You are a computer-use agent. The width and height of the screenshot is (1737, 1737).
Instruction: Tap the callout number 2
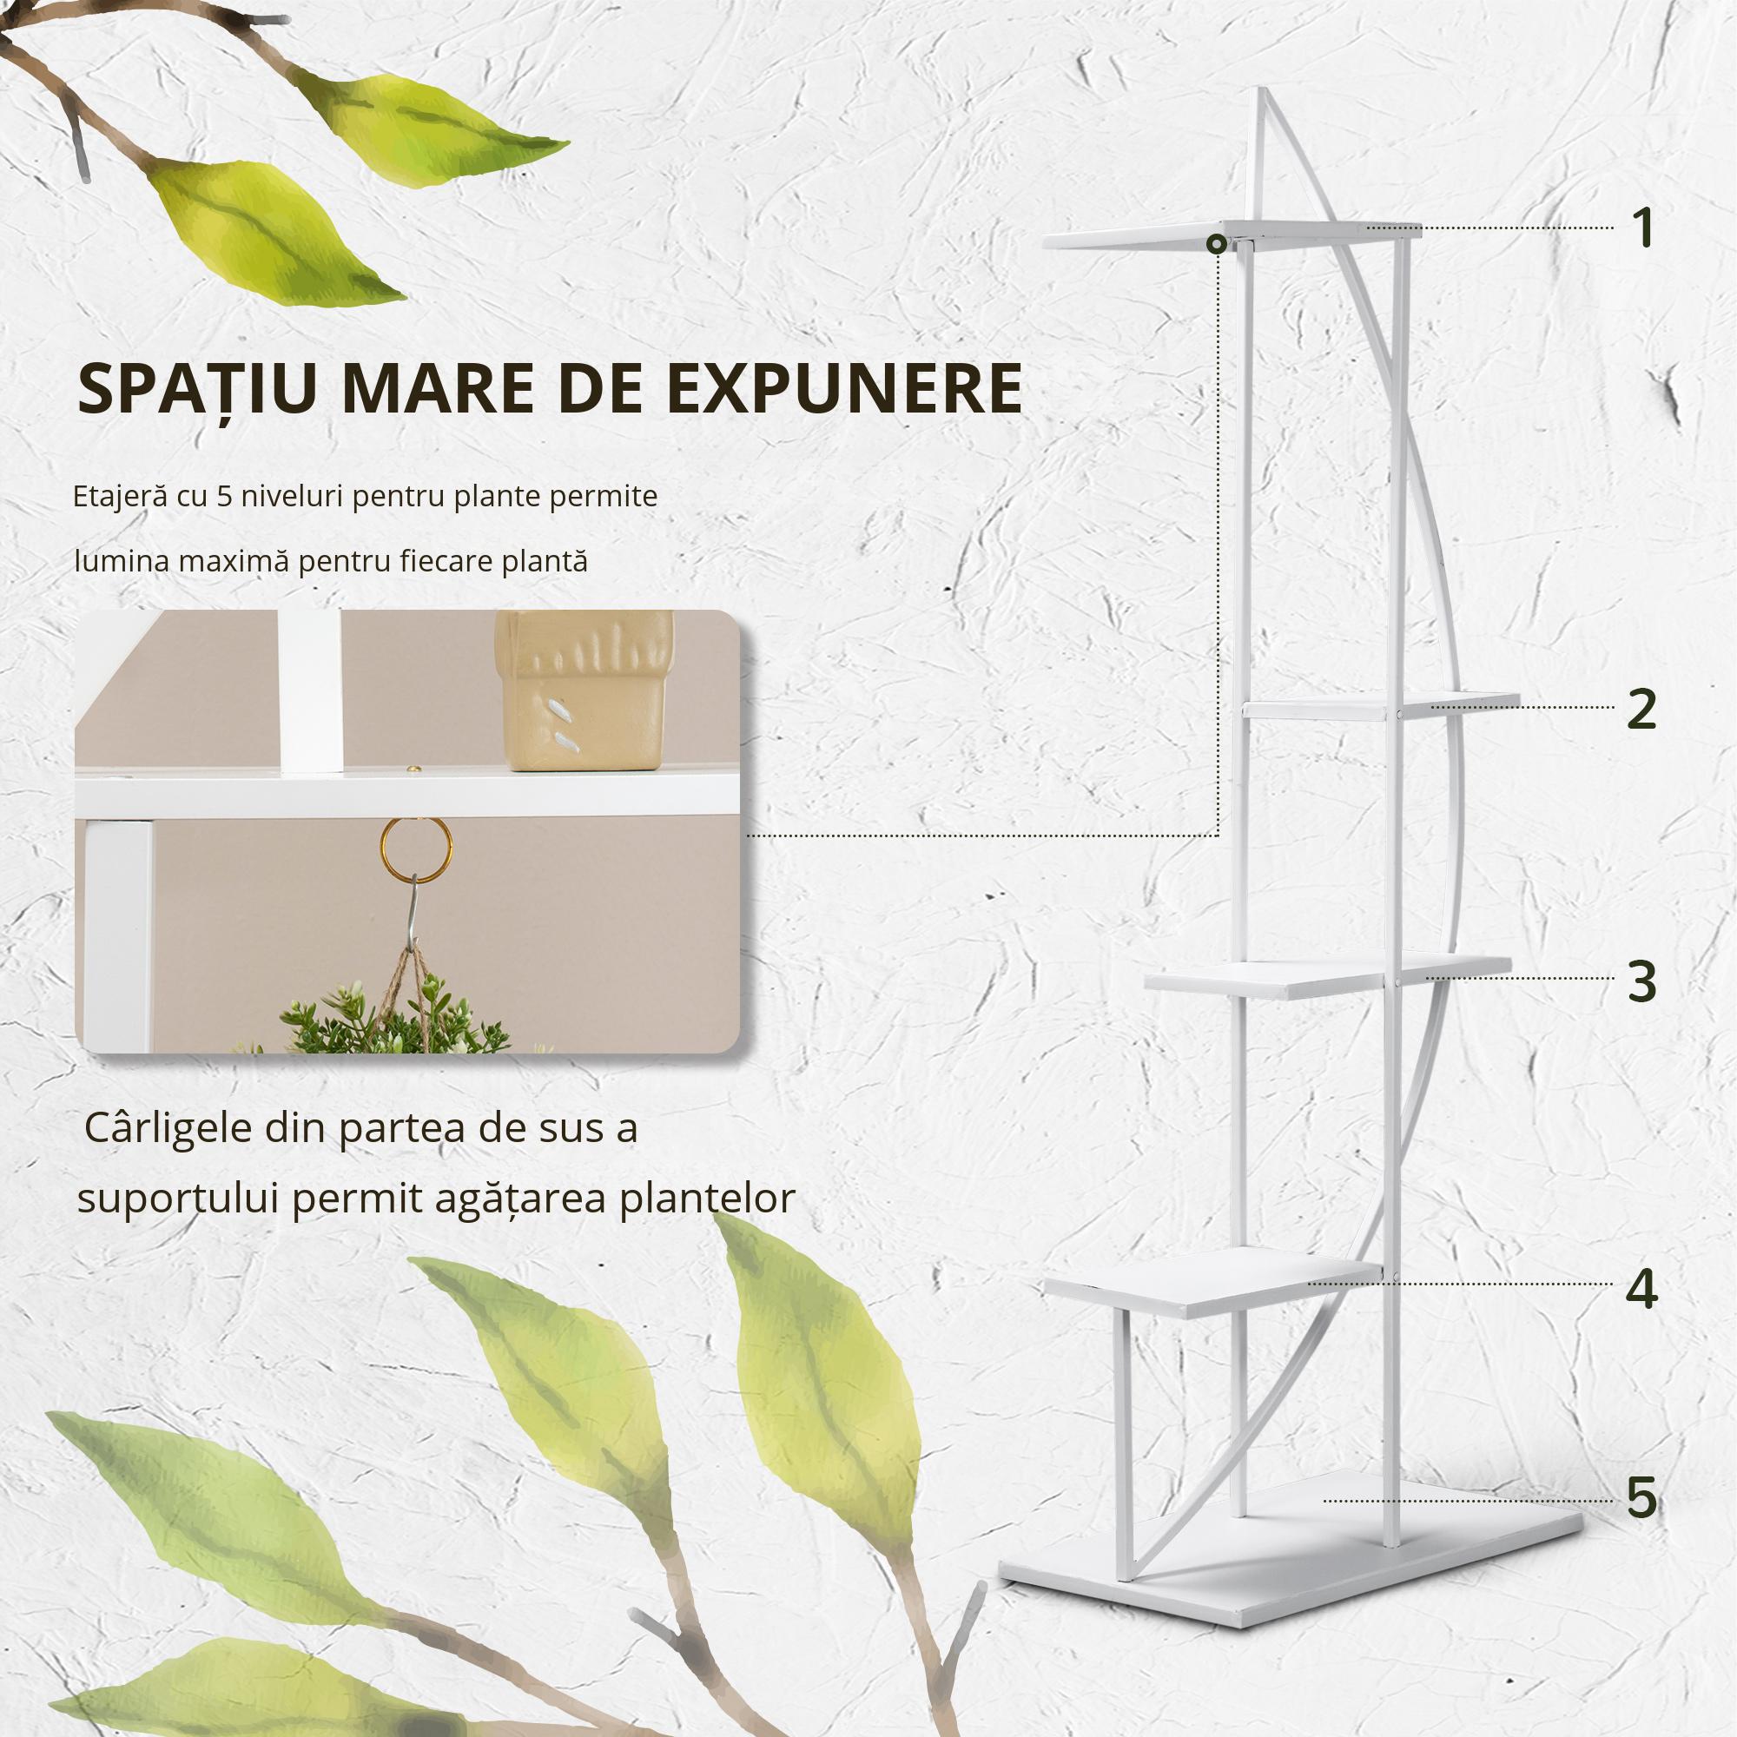1641,710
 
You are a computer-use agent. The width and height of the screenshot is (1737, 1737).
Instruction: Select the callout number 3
1641,981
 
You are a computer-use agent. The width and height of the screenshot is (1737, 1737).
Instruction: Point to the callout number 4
1641,1288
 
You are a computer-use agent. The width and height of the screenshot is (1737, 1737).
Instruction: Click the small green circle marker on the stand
1216,244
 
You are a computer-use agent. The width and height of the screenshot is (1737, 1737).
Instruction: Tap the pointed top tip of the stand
1261,92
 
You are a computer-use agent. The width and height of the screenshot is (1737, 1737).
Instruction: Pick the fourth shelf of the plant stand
1214,1282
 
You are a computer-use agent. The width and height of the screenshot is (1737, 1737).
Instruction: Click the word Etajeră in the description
120,496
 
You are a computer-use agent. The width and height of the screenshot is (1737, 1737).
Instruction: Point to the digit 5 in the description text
225,496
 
